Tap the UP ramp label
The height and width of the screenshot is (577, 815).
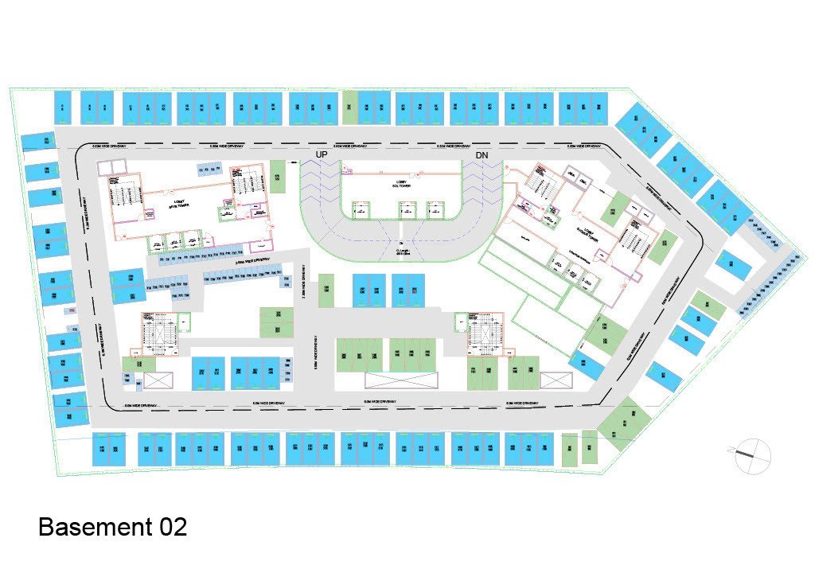[x=322, y=154]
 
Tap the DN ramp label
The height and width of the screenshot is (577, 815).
[x=482, y=154]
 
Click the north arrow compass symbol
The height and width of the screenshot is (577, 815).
[x=751, y=456]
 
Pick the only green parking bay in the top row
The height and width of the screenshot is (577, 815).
[x=349, y=107]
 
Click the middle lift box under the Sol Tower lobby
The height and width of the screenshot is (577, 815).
[x=407, y=209]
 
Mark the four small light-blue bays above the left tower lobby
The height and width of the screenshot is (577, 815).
[x=209, y=169]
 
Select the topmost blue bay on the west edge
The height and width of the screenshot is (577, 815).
[x=38, y=141]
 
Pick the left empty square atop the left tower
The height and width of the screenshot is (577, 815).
[x=106, y=166]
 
